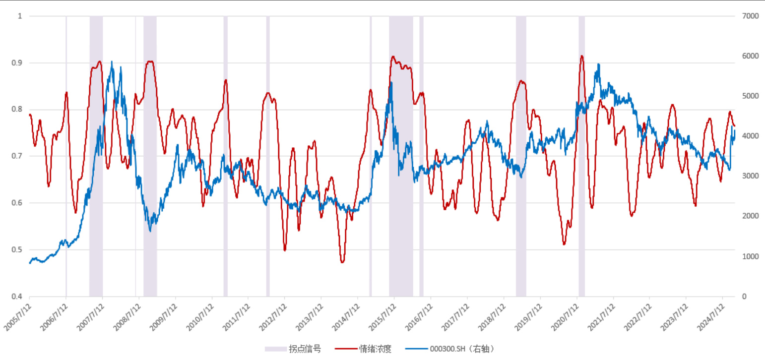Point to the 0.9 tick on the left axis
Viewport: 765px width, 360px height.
pyautogui.click(x=18, y=63)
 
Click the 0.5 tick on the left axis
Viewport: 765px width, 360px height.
pyautogui.click(x=18, y=250)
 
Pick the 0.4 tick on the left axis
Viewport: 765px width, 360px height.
pyautogui.click(x=18, y=297)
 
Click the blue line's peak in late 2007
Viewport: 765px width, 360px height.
pyautogui.click(x=112, y=61)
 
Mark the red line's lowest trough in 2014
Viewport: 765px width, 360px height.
pyautogui.click(x=342, y=262)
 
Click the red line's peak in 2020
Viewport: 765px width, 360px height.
pyautogui.click(x=581, y=56)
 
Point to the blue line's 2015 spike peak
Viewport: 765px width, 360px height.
pyautogui.click(x=391, y=82)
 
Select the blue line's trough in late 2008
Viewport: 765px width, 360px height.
pyautogui.click(x=150, y=231)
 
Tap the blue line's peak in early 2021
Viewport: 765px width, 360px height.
pyautogui.click(x=599, y=64)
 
